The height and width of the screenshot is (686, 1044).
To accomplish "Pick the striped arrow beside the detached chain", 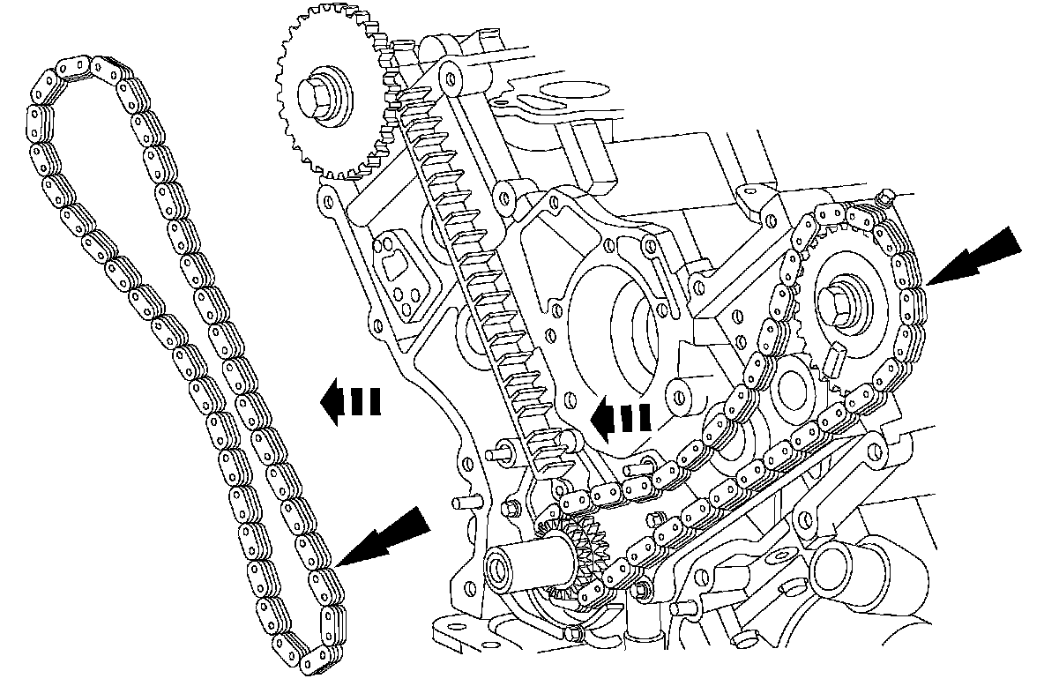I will point(349,402).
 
